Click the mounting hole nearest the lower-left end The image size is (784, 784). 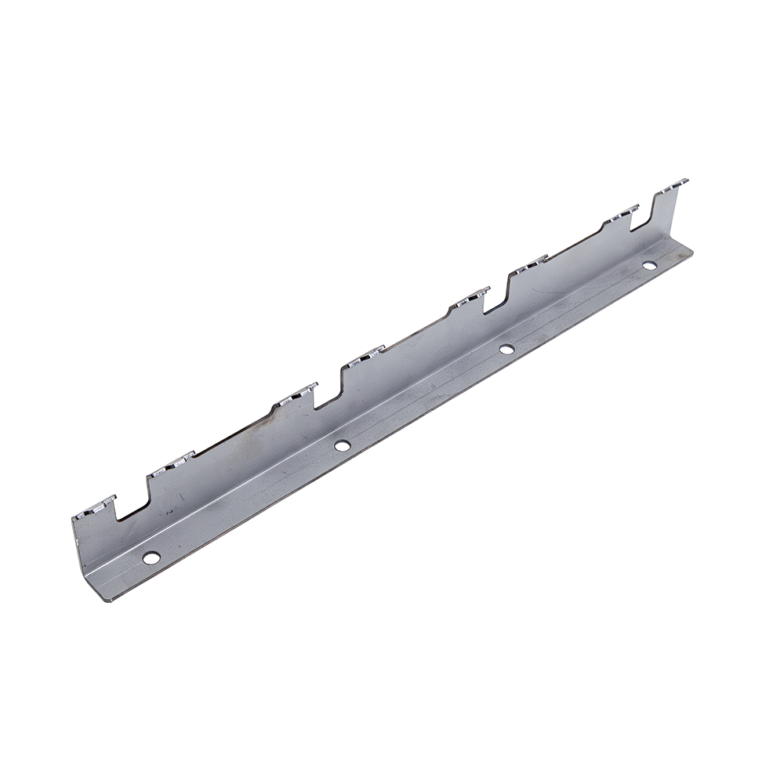pyautogui.click(x=151, y=557)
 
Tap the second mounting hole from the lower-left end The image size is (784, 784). pyautogui.click(x=341, y=445)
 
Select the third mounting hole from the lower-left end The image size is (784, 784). pyautogui.click(x=506, y=347)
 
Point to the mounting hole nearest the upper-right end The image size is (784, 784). pyautogui.click(x=649, y=264)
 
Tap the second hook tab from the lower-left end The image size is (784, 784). pyautogui.click(x=169, y=464)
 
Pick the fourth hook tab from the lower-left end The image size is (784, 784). pyautogui.click(x=362, y=357)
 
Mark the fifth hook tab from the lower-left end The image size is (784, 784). pyautogui.click(x=469, y=297)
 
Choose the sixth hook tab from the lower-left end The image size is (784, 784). pyautogui.click(x=531, y=264)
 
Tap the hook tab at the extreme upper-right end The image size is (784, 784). pyautogui.click(x=673, y=185)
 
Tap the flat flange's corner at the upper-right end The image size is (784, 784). pyautogui.click(x=693, y=252)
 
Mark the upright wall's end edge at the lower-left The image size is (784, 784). pyautogui.click(x=81, y=549)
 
